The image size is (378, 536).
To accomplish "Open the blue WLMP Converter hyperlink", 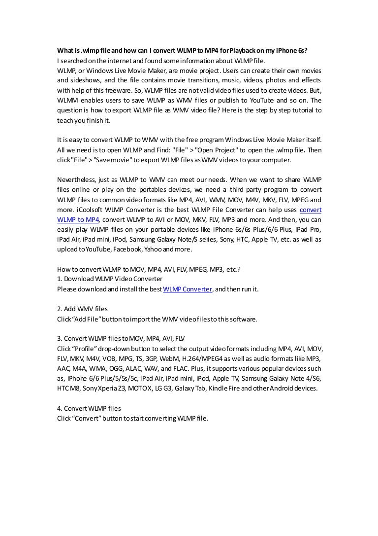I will [188, 289].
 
